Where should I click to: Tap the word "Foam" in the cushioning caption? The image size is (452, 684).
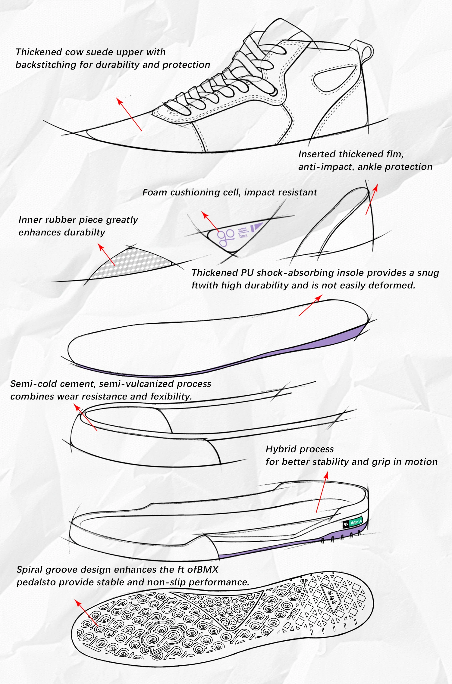tap(155, 192)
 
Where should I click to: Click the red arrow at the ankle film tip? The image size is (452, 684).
tap(372, 199)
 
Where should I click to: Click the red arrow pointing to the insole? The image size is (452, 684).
tap(310, 305)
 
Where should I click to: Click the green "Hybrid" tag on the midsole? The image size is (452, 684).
tap(356, 522)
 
